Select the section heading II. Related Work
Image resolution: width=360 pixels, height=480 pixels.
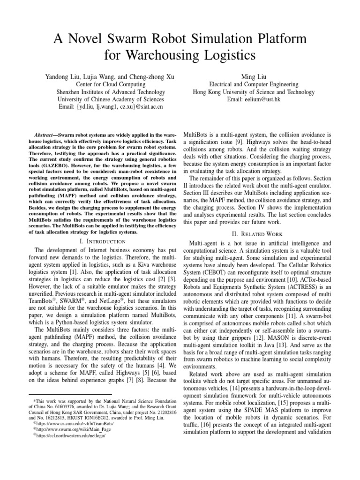(261, 233)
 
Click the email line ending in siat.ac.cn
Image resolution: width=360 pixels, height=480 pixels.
(110, 107)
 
